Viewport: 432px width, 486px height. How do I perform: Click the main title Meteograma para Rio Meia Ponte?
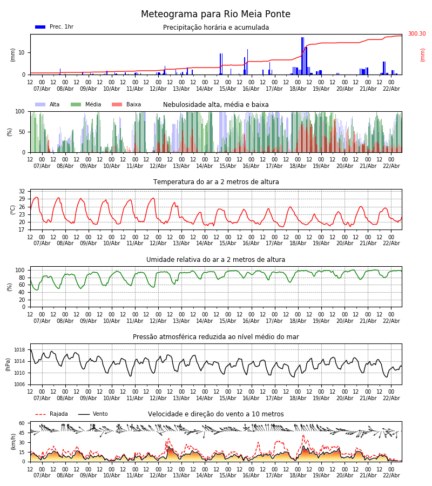tap(215, 15)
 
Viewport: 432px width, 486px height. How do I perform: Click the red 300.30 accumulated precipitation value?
tap(416, 34)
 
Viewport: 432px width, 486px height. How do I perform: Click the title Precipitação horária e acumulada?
tap(215, 28)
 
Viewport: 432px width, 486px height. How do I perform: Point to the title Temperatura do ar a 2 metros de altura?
tap(215, 182)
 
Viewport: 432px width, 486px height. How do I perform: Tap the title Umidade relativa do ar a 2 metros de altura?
tap(215, 260)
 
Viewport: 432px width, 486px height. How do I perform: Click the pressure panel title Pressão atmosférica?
tap(215, 337)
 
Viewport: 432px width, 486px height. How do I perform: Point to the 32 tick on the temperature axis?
tap(22, 192)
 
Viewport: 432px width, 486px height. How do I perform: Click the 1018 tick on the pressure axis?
tap(19, 350)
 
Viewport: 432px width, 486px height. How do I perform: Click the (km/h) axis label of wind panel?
tap(13, 442)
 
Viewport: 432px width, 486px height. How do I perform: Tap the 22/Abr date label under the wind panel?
tap(391, 475)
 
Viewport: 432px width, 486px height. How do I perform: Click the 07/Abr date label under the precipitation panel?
tap(42, 89)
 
